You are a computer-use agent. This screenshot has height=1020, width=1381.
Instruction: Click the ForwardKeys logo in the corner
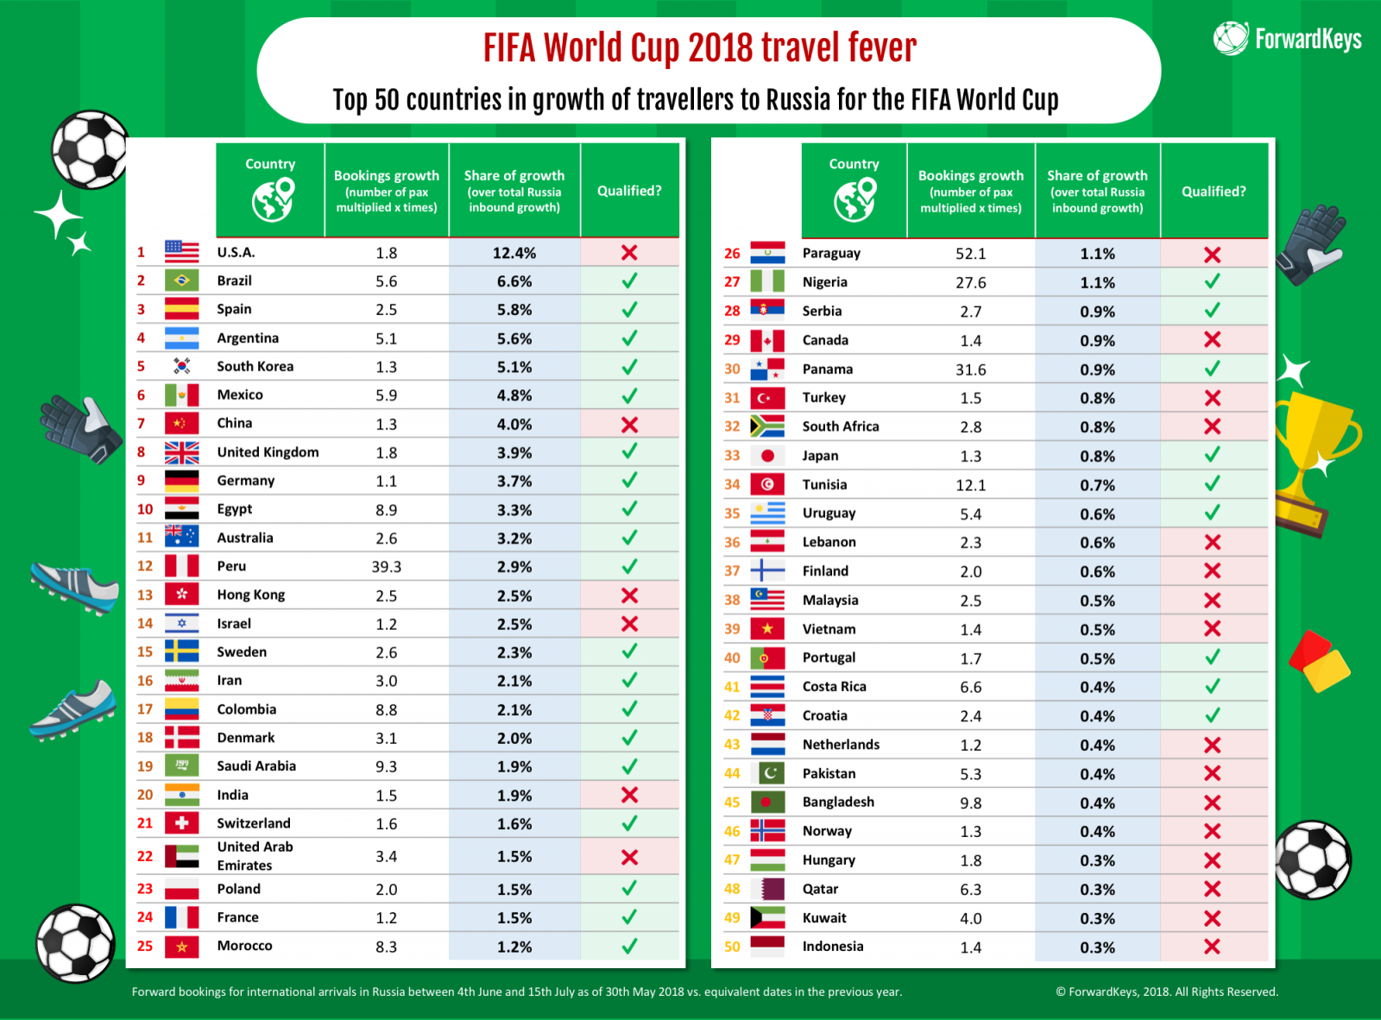coord(1287,39)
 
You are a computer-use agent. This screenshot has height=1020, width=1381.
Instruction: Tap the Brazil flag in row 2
coord(181,280)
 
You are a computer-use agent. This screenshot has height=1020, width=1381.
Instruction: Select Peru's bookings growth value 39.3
coord(386,567)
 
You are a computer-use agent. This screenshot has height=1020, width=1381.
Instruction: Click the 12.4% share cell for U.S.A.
coord(514,253)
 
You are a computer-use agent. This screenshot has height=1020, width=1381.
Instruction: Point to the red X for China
coord(629,425)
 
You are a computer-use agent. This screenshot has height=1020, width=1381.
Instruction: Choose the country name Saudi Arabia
coord(256,766)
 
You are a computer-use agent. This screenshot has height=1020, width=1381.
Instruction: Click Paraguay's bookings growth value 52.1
coord(970,254)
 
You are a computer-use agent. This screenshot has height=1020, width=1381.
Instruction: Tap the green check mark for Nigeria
coord(1212,281)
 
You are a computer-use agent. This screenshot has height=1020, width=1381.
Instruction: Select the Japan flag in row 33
coord(767,456)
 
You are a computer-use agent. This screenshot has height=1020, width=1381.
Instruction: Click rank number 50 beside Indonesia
coord(732,947)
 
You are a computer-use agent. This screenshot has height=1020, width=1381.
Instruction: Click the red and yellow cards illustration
coord(1319,661)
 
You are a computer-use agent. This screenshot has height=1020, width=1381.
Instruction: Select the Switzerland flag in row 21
coord(181,823)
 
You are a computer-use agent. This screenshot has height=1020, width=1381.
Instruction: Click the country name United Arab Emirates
coord(255,856)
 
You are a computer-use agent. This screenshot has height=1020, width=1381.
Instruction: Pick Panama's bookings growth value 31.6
coord(970,369)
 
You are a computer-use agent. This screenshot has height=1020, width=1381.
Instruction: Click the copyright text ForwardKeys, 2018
coord(1166,992)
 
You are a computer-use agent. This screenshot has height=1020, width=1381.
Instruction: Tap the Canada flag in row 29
coord(767,340)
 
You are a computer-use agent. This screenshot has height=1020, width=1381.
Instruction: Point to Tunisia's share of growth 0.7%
coord(1097,485)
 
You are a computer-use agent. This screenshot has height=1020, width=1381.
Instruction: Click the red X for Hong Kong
coord(629,595)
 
